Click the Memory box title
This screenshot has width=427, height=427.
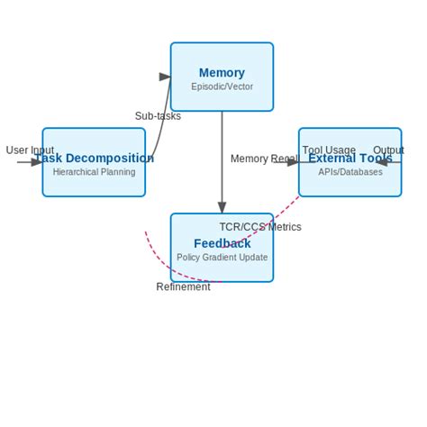tap(222, 73)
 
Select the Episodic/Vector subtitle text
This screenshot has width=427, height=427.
tap(222, 87)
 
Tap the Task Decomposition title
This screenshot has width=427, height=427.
tap(95, 159)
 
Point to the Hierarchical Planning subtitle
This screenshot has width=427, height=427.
tap(94, 172)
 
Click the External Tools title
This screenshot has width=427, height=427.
tap(350, 159)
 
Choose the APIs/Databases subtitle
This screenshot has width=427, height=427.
tap(350, 172)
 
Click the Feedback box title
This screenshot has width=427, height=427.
tap(222, 243)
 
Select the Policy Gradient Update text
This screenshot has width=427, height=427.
tap(222, 258)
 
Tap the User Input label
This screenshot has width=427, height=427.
tap(30, 150)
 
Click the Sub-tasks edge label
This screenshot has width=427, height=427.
tap(158, 116)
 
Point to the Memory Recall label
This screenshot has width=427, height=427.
tap(263, 159)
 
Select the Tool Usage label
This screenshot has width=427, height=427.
tap(329, 150)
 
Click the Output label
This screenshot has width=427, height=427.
tap(388, 150)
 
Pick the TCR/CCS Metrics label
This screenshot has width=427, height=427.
tap(260, 227)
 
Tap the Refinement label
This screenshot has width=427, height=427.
tap(183, 287)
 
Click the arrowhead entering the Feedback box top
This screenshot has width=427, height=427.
tap(222, 208)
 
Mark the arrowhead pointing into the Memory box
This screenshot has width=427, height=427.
tap(165, 77)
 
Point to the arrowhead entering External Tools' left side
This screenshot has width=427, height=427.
tap(293, 163)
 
